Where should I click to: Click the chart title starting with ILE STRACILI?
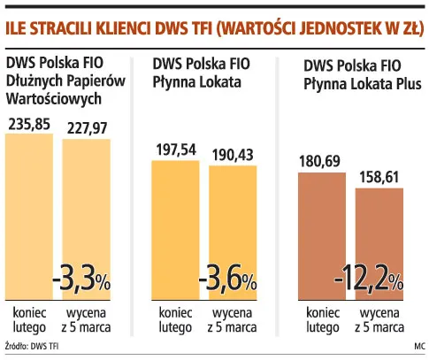(x=213, y=26)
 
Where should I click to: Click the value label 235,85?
(x=30, y=125)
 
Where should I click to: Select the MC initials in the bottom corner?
(x=418, y=346)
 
